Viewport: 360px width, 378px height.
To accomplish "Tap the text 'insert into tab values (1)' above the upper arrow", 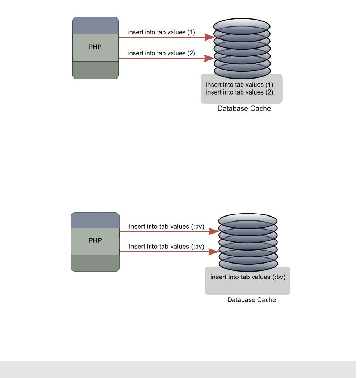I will click(162, 32).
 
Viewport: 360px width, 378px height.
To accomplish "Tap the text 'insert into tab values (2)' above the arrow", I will click(162, 53).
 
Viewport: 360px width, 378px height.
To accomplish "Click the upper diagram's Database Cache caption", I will click(244, 108).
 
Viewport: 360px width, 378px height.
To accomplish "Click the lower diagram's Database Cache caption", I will click(251, 300).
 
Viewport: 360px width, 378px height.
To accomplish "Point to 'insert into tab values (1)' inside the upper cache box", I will click(239, 85).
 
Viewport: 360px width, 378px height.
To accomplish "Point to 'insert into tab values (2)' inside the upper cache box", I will click(239, 92).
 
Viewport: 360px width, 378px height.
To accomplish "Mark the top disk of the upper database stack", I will click(242, 26).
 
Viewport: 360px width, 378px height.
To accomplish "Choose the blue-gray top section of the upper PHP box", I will click(96, 26).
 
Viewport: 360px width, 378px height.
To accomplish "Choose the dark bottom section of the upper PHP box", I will click(96, 70).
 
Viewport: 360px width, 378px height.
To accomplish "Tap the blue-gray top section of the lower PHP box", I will click(95, 220).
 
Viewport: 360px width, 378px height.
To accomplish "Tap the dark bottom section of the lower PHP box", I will click(95, 262).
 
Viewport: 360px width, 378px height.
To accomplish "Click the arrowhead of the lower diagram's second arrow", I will click(214, 252).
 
